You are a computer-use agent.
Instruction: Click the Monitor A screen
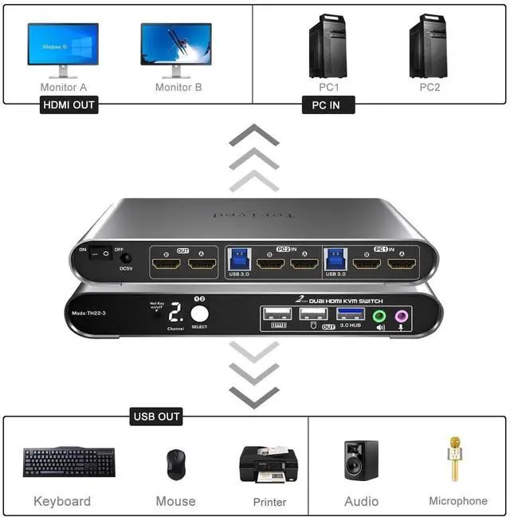[x=63, y=43]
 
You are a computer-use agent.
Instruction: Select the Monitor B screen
[x=176, y=43]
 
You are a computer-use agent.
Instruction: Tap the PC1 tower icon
[x=328, y=45]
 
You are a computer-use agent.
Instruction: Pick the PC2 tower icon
[x=429, y=45]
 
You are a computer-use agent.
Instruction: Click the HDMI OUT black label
[x=69, y=105]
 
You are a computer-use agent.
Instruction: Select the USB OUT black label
[x=157, y=416]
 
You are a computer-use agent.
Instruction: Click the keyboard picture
[x=69, y=462]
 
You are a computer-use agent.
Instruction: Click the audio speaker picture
[x=361, y=460]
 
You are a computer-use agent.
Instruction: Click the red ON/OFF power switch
[x=101, y=254]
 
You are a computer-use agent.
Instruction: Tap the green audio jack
[x=379, y=315]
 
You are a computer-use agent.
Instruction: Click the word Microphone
[x=458, y=501]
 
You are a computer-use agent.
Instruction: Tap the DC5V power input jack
[x=125, y=255]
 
